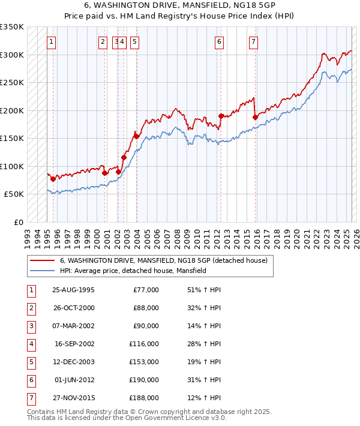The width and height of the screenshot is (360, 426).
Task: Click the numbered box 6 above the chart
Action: [220, 42]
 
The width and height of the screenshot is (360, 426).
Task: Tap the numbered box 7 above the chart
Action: [254, 42]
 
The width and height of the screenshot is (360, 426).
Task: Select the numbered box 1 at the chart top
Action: [52, 42]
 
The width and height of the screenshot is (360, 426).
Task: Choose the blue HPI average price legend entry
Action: [133, 271]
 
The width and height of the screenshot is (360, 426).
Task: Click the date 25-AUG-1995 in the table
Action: [74, 290]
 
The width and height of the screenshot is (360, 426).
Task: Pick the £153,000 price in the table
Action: [143, 362]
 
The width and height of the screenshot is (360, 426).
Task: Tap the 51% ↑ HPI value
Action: [204, 290]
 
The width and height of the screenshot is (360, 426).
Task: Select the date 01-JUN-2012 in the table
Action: [74, 380]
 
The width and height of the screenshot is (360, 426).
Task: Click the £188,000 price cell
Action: [143, 398]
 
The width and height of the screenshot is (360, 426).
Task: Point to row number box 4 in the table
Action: [31, 344]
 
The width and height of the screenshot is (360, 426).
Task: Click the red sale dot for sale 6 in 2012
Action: [221, 116]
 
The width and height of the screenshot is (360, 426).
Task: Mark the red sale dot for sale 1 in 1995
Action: [53, 179]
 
